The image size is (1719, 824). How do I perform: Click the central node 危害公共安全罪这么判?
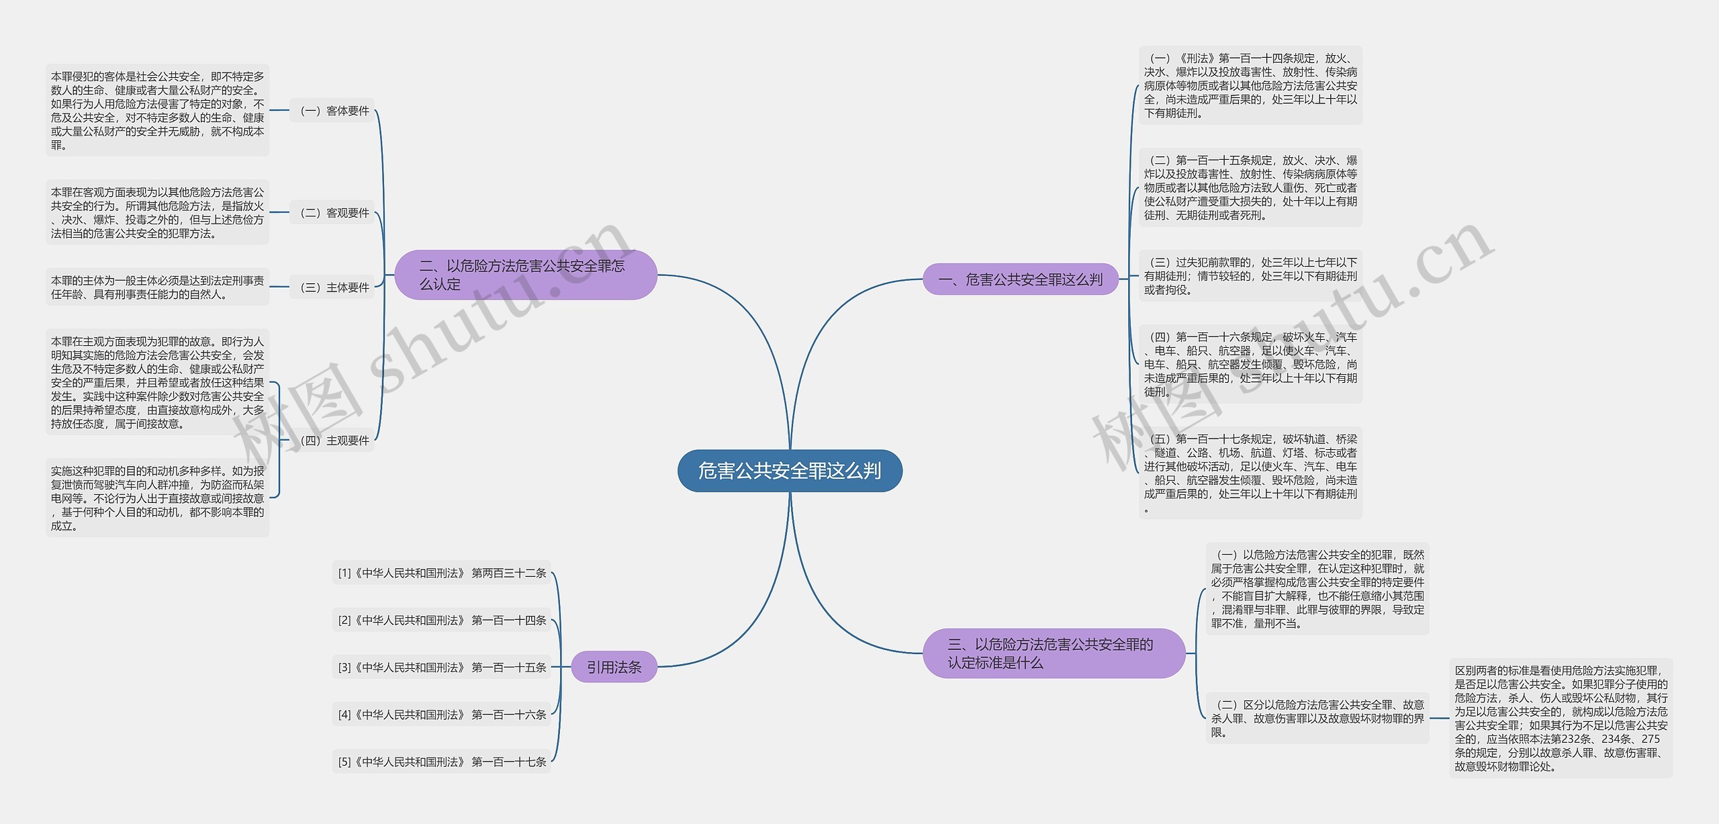point(790,471)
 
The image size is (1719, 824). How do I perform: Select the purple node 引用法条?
point(614,667)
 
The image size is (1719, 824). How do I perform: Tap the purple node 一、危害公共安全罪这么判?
point(1020,279)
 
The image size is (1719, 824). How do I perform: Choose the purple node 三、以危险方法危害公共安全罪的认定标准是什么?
point(1053,653)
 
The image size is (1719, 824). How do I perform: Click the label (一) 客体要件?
point(333,111)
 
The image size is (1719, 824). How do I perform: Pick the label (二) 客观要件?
point(333,213)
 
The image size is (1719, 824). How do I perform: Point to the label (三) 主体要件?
point(333,287)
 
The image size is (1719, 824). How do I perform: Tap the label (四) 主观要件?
point(333,441)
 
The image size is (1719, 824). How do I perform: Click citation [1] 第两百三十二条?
point(442,573)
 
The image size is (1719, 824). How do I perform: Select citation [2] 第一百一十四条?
point(442,620)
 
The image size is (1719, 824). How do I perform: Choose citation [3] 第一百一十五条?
point(442,668)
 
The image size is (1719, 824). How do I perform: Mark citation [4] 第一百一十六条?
point(442,715)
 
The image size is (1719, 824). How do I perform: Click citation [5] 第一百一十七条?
point(442,762)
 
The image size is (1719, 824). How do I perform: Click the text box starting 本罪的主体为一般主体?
point(157,287)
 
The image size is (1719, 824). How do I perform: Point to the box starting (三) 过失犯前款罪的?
point(1250,276)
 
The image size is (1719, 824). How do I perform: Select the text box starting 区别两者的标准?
point(1561,718)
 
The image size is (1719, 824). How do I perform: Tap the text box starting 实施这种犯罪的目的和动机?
point(157,498)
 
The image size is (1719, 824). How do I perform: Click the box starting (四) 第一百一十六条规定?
point(1250,364)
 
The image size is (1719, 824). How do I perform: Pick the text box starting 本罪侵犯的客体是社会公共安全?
point(157,111)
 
